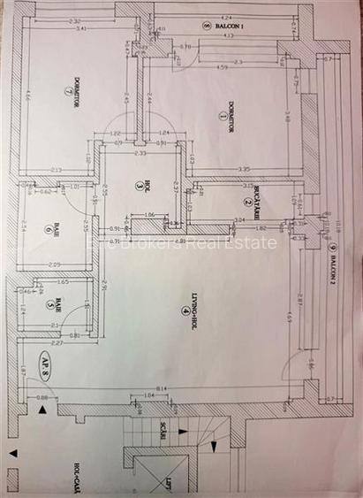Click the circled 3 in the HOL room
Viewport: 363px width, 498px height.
[140, 187]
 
